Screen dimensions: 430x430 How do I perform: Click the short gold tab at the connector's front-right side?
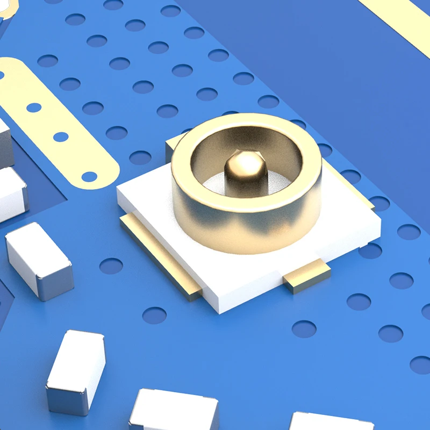[x=307, y=275]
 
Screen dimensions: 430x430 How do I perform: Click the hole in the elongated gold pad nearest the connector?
[x=89, y=175]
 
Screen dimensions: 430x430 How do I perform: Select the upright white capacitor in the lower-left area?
[x=75, y=365]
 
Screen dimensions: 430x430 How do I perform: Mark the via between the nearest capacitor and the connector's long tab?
[x=111, y=266]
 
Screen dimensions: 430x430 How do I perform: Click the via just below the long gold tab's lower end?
[x=154, y=315]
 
